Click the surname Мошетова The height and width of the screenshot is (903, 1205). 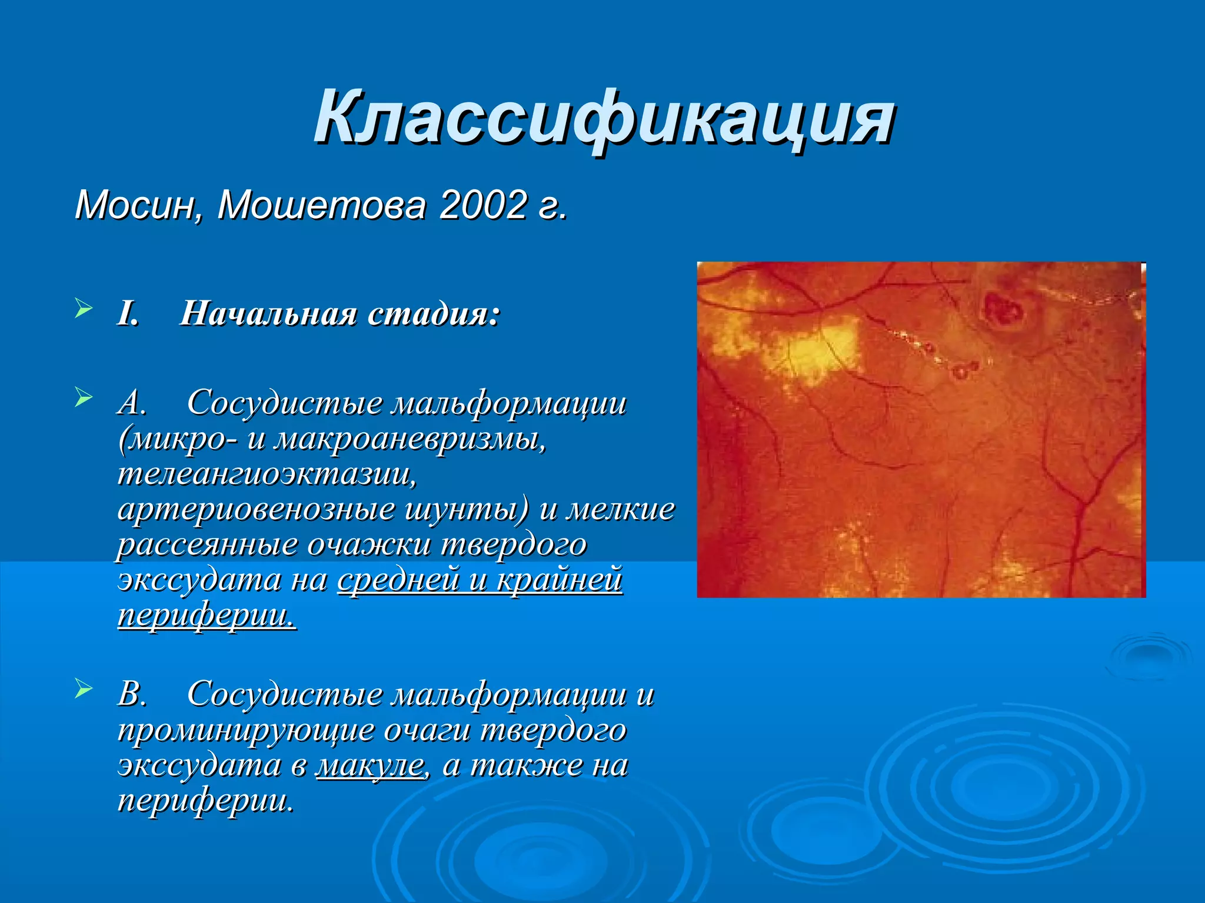pos(321,206)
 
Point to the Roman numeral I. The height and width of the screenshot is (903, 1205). pos(128,314)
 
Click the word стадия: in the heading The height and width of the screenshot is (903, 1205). pos(434,314)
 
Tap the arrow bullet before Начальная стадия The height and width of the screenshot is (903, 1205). pos(84,308)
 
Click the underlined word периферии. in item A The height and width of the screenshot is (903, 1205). pos(207,616)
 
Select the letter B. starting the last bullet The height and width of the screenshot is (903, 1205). pos(132,694)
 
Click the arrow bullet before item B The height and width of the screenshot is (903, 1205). pos(84,688)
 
